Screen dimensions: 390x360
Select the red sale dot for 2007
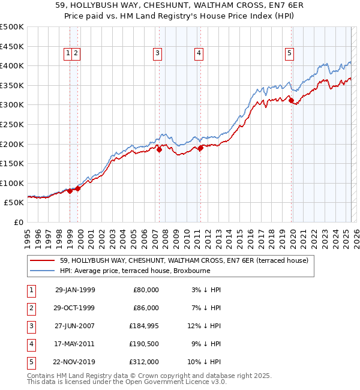pos(160,150)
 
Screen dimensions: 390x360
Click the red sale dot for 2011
pos(200,148)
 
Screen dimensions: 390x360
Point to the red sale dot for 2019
pos(291,101)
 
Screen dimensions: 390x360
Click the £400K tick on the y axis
pos(13,65)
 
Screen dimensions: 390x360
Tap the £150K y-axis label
pos(13,163)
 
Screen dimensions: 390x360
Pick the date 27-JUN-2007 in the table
pos(75,326)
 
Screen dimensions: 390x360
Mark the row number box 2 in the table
pos(31,308)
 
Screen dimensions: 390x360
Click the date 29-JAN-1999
pos(75,290)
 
